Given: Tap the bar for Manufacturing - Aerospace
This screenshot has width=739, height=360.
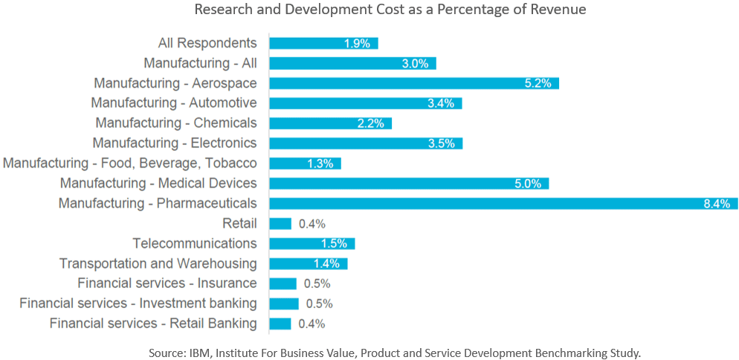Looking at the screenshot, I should pyautogui.click(x=413, y=83).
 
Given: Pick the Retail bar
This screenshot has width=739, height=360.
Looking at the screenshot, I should pyautogui.click(x=280, y=223).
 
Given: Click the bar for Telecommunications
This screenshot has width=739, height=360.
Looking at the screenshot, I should pyautogui.click(x=312, y=243).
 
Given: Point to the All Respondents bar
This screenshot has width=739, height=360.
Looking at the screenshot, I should pyautogui.click(x=323, y=43).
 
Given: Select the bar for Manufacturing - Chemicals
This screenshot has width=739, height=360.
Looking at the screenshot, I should pyautogui.click(x=330, y=123).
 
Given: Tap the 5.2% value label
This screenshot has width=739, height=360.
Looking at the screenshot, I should pyautogui.click(x=538, y=83).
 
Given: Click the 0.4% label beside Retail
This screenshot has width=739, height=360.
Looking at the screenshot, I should pyautogui.click(x=312, y=224).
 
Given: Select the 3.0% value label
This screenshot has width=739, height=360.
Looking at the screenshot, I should pyautogui.click(x=415, y=64).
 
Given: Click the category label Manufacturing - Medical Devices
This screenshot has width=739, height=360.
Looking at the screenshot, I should pyautogui.click(x=158, y=183).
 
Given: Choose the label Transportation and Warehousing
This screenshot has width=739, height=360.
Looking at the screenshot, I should pyautogui.click(x=158, y=263).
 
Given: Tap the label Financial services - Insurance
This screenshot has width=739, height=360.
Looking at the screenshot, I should pyautogui.click(x=167, y=283).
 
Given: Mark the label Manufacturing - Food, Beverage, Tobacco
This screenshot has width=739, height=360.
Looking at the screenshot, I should pyautogui.click(x=130, y=163).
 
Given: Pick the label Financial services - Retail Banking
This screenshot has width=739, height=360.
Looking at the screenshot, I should pyautogui.click(x=153, y=324).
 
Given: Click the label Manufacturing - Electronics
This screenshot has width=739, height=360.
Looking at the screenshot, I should pyautogui.click(x=175, y=143).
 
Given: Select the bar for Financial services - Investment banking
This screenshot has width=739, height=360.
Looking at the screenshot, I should pyautogui.click(x=284, y=303).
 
